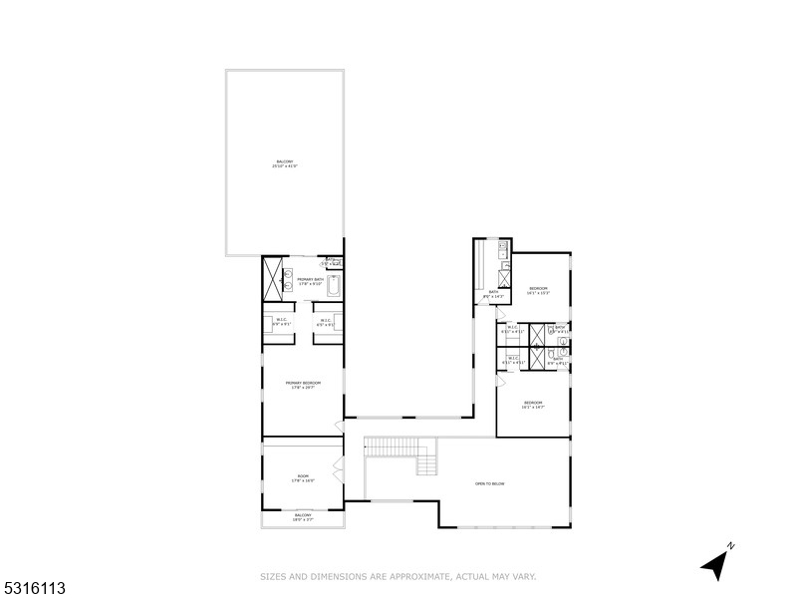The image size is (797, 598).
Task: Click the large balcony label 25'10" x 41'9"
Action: click(x=285, y=163)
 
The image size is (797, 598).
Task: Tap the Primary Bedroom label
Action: click(x=303, y=385)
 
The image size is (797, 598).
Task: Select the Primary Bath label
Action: click(x=310, y=281)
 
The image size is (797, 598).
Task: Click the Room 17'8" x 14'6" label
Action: click(x=303, y=478)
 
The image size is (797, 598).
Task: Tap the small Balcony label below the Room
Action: click(x=303, y=517)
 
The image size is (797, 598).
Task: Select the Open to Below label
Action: click(x=489, y=483)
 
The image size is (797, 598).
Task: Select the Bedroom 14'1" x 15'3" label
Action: click(x=539, y=290)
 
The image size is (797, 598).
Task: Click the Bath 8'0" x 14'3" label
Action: click(x=493, y=294)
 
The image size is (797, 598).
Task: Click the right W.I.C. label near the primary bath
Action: click(x=325, y=322)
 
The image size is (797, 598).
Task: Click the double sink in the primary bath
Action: click(x=288, y=280)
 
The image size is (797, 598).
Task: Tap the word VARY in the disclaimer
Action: click(x=525, y=576)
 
